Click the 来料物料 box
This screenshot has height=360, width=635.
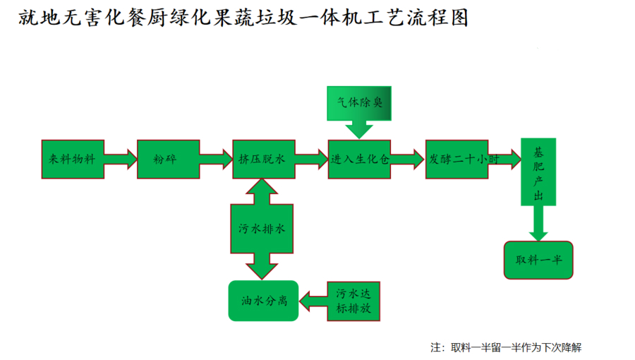(73, 159)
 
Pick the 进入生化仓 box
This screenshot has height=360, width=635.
(359, 159)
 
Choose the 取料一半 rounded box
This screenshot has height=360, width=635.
(538, 259)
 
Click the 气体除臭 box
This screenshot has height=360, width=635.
(359, 102)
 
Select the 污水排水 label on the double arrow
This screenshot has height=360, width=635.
(262, 229)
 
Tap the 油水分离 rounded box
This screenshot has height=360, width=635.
(263, 300)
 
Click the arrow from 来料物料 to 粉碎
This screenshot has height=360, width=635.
(120, 160)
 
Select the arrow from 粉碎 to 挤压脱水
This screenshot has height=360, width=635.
(216, 160)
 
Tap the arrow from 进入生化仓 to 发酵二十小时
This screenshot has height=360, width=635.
(408, 160)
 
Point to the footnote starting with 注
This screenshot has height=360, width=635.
(505, 347)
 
